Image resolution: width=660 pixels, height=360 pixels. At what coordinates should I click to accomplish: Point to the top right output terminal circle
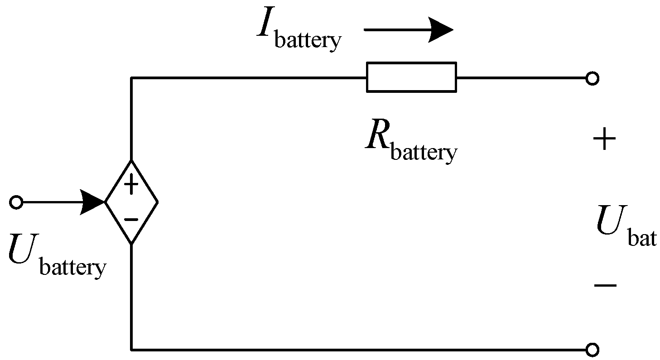click(x=592, y=78)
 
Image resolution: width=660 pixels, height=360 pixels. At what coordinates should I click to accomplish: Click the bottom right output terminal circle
click(x=592, y=350)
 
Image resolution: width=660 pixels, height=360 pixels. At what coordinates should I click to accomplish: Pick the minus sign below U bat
click(x=605, y=285)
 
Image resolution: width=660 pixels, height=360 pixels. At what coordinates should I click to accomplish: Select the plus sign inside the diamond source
click(x=131, y=185)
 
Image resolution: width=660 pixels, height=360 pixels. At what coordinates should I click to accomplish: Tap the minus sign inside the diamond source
click(x=131, y=220)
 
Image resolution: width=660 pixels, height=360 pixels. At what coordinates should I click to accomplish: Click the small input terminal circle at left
click(x=16, y=202)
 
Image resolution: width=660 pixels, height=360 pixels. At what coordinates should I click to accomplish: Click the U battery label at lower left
click(x=57, y=256)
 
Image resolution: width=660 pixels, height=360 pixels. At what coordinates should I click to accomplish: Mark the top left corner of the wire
click(x=132, y=78)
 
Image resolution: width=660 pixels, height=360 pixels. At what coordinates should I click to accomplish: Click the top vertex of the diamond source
click(x=132, y=161)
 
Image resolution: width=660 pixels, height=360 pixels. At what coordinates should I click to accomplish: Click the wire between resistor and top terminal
click(x=521, y=78)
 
